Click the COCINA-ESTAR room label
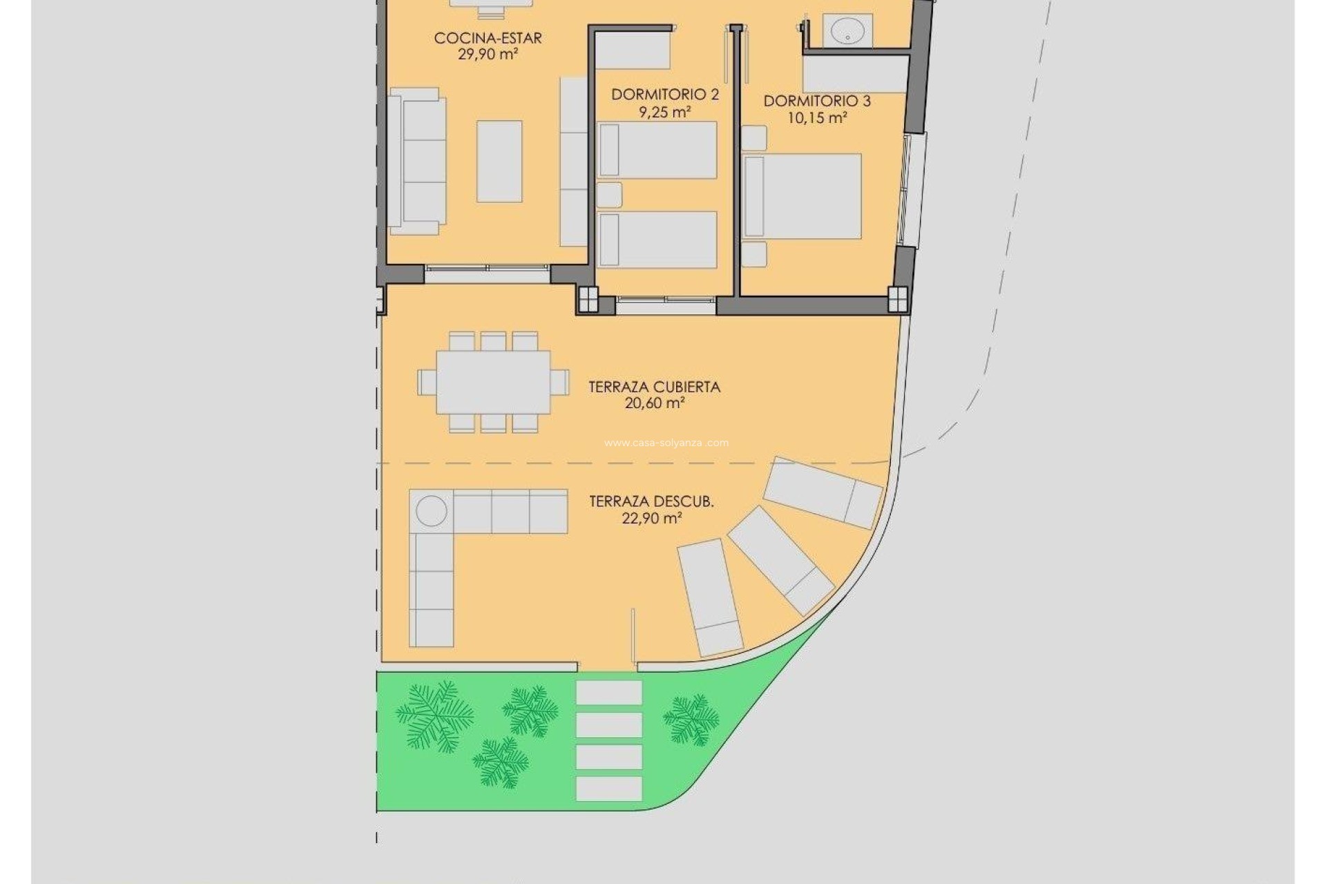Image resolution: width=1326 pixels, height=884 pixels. [488, 38]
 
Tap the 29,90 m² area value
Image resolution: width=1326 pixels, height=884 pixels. [488, 55]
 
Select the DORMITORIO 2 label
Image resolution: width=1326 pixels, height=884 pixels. [664, 95]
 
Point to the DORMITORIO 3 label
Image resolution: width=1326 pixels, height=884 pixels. [817, 102]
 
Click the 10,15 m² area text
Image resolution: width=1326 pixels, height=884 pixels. [817, 118]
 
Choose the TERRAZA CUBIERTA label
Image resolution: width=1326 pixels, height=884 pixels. [654, 387]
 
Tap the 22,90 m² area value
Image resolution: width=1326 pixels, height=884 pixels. [652, 518]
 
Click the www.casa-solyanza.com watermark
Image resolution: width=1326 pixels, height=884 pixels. [666, 443]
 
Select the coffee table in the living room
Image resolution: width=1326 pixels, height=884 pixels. [499, 162]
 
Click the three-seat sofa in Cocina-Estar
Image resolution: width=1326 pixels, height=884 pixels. [416, 162]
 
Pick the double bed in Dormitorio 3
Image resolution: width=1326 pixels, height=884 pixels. [803, 197]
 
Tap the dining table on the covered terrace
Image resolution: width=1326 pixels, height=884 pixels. [493, 382]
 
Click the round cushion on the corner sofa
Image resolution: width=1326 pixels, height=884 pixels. [432, 511]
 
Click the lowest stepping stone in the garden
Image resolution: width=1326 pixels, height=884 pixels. [608, 789]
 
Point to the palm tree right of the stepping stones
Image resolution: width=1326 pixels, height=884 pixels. [691, 720]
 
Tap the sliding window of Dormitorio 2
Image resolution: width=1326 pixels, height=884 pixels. [666, 300]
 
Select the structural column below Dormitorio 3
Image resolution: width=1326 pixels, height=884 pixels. [897, 299]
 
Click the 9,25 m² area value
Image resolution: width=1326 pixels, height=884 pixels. [664, 111]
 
